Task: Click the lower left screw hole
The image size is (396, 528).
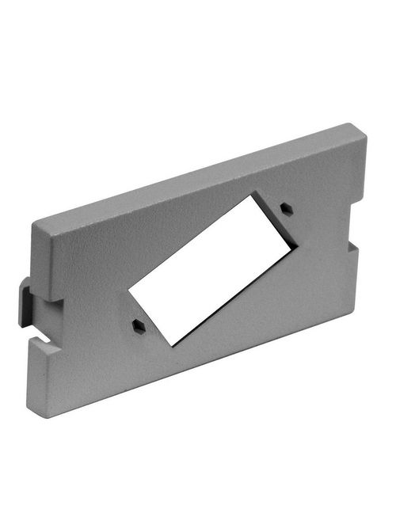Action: tap(138, 324)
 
